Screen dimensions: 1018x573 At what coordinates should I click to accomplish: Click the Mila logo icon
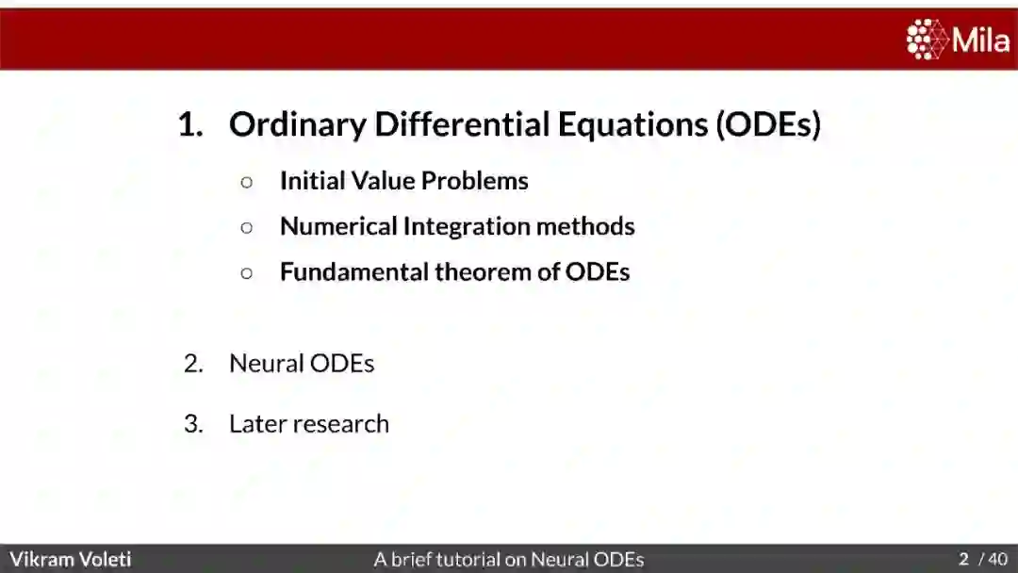[928, 40]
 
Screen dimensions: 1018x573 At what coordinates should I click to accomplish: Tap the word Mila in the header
[981, 41]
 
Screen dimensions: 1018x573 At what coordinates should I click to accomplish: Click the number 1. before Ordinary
[190, 124]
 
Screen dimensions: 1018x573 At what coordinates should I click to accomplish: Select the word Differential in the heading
[462, 123]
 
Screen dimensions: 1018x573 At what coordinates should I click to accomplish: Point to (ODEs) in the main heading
[768, 124]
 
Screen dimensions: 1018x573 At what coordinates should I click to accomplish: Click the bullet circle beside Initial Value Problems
[247, 182]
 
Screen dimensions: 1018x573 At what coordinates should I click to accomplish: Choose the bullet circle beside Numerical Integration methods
[247, 228]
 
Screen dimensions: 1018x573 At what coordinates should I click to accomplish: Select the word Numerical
[338, 226]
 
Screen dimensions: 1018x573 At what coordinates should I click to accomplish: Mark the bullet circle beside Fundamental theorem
[247, 273]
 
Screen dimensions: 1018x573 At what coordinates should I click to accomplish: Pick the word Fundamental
[353, 272]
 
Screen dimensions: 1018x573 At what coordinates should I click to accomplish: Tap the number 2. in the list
[193, 364]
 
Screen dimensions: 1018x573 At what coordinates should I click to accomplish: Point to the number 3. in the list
[193, 424]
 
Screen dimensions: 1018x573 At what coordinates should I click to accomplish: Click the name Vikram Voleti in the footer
[70, 559]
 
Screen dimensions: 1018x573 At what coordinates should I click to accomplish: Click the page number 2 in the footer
[964, 559]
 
